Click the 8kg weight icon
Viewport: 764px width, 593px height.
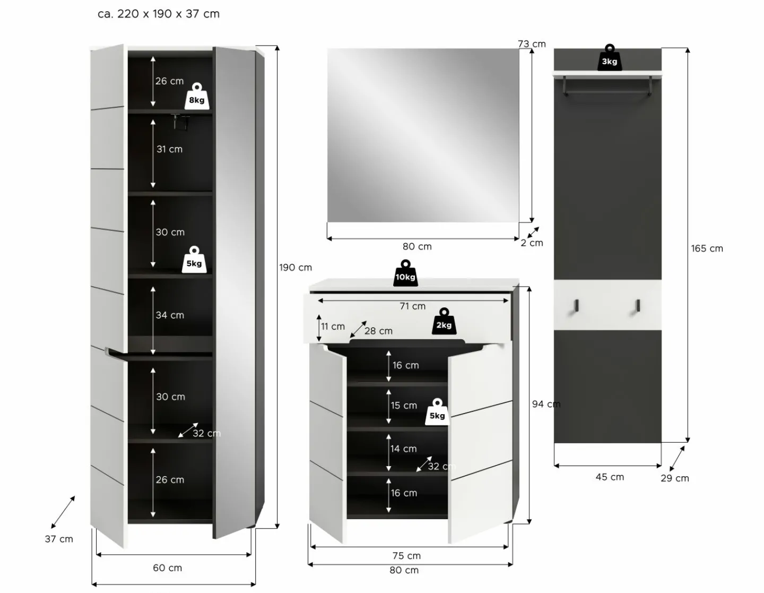point(197,96)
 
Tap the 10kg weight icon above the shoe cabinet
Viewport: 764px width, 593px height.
point(405,273)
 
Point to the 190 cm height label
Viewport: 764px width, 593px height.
point(296,268)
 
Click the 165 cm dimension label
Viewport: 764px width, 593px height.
point(707,248)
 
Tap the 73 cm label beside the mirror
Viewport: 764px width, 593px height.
point(532,44)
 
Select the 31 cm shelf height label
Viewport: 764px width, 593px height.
point(169,149)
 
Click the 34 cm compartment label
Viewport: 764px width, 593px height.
point(170,315)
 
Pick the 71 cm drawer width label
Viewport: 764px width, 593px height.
point(412,306)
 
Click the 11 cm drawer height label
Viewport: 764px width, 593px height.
point(333,326)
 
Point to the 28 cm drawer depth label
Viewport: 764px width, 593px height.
point(378,331)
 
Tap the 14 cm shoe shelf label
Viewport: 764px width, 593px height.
point(403,449)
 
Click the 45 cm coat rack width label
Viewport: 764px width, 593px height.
point(610,477)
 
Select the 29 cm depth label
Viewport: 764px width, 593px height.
point(675,478)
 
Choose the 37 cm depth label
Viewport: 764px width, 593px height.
point(59,539)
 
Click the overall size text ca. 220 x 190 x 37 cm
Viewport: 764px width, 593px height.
point(159,14)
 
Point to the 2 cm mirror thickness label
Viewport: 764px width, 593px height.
point(532,243)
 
